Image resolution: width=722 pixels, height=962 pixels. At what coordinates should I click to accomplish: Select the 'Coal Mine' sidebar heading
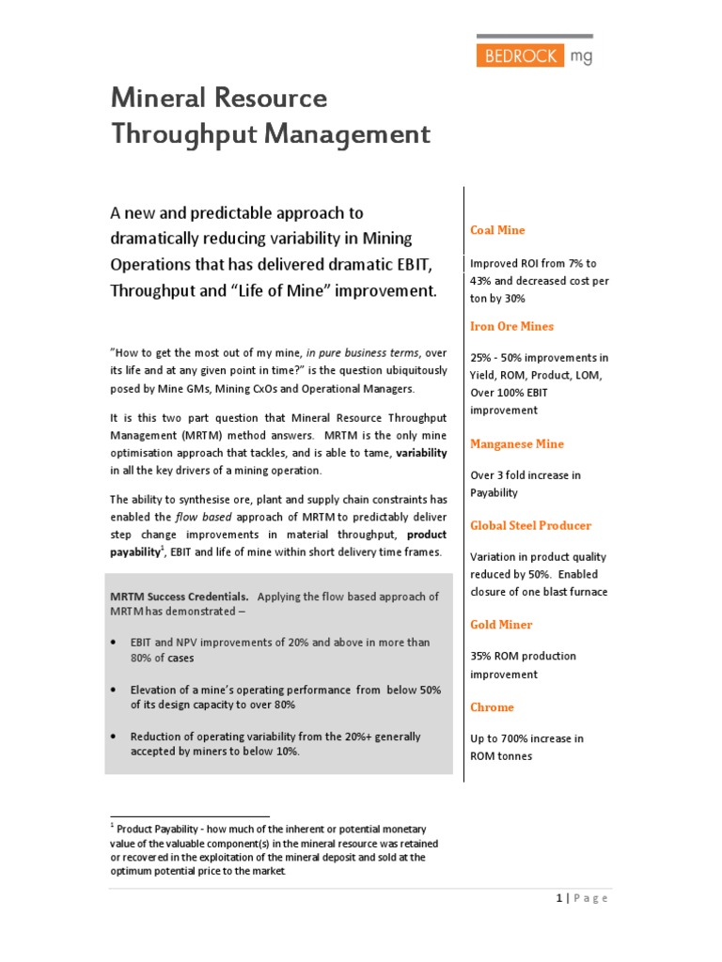coord(497,230)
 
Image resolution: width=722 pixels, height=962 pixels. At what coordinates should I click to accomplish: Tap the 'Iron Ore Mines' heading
coord(511,326)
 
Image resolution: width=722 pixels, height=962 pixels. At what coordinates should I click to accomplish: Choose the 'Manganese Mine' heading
coord(517,443)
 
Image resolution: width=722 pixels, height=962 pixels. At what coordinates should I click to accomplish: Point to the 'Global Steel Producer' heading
coord(530,525)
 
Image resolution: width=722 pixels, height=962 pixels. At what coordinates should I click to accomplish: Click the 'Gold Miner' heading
coord(501,624)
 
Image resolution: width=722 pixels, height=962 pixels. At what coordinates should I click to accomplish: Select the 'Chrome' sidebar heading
coord(492,706)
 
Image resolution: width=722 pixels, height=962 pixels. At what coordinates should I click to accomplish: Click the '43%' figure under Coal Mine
coord(482,281)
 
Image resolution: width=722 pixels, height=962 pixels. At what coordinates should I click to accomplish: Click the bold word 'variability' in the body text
coord(421,453)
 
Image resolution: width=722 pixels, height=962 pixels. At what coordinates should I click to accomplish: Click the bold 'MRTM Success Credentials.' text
coord(180,597)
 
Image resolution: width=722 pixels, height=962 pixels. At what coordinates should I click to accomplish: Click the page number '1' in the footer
coord(558,898)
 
